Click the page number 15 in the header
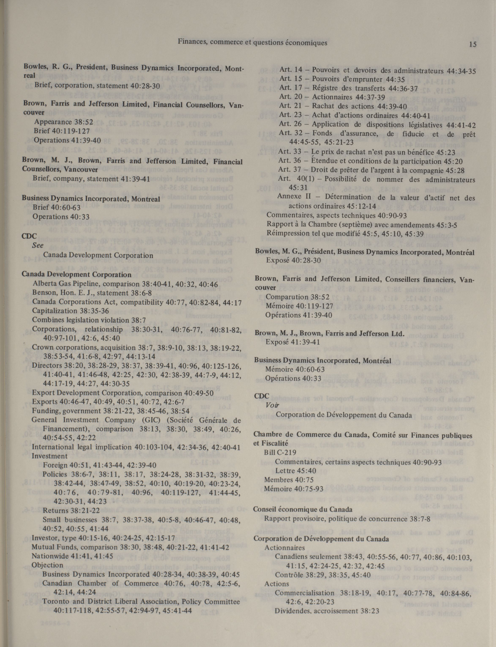pos(472,45)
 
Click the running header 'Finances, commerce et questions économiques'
pos(252,43)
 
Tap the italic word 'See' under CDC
pos(38,245)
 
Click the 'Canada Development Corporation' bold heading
pos(77,274)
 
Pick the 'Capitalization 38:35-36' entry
pos(71,311)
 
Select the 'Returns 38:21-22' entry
pos(71,510)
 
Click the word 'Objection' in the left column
pos(47,565)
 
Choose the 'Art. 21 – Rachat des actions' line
pos(343,106)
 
